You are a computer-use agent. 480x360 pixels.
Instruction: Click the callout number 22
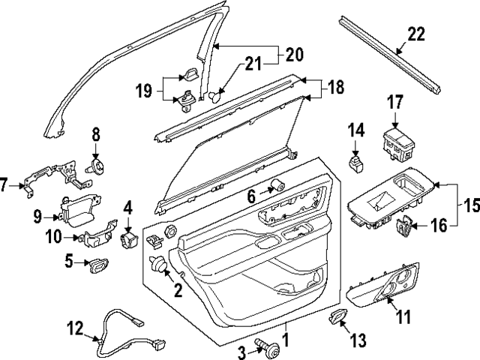coord(417,34)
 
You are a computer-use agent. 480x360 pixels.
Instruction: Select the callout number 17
coord(396,103)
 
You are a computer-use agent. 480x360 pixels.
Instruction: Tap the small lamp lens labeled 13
coord(337,319)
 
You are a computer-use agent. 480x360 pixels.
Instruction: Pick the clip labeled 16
coord(406,223)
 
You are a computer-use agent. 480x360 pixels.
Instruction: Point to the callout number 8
coord(95,136)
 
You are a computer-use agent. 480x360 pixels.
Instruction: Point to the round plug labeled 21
coord(215,96)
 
